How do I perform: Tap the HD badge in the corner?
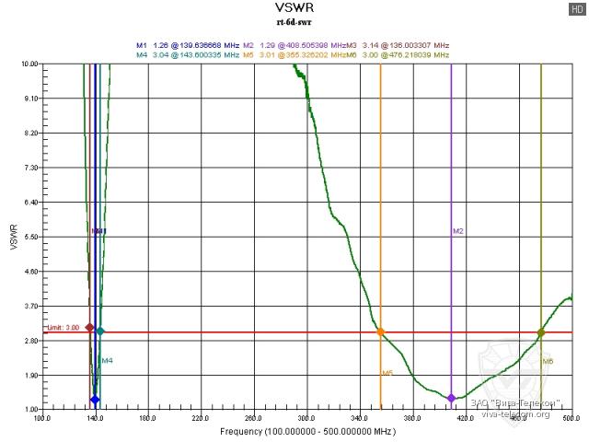pyautogui.click(x=577, y=8)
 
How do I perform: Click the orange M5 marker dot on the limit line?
pyautogui.click(x=380, y=331)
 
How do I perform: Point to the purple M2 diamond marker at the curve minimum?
pyautogui.click(x=451, y=398)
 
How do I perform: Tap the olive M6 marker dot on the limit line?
pyautogui.click(x=541, y=331)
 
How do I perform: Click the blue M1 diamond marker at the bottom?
pyautogui.click(x=95, y=400)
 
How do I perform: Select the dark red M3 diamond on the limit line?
pyautogui.click(x=89, y=327)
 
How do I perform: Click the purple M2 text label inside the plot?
pyautogui.click(x=457, y=231)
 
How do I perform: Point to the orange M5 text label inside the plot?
pyautogui.click(x=387, y=373)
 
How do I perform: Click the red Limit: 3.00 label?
pyautogui.click(x=64, y=327)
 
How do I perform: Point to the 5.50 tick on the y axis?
pyautogui.click(x=30, y=237)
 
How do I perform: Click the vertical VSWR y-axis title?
pyautogui.click(x=12, y=236)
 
